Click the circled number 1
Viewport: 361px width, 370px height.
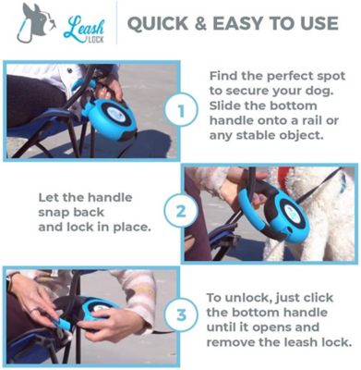coord(183,113)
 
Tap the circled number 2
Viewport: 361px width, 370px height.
coord(181,211)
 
